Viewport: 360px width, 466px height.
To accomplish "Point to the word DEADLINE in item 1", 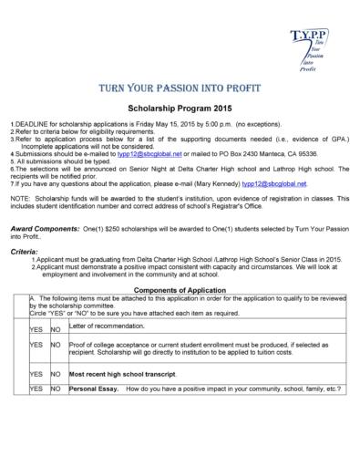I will [x=31, y=124].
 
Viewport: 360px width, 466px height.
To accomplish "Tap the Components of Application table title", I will [x=179, y=288].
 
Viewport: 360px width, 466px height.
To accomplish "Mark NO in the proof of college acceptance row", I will [x=55, y=347].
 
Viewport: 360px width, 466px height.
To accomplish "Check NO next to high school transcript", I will [x=55, y=374].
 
